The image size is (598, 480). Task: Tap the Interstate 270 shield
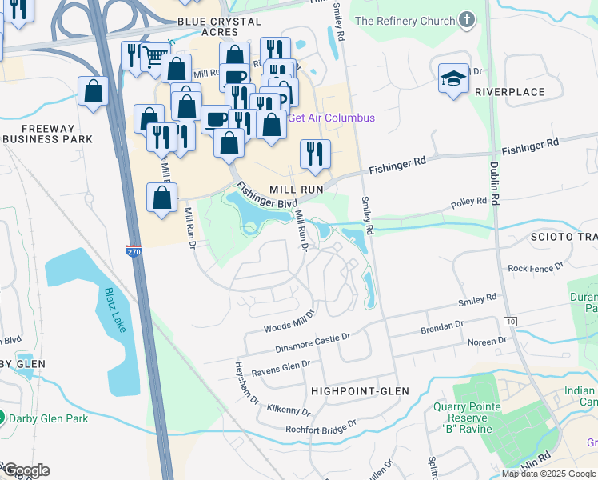point(134,251)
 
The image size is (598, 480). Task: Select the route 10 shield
point(509,321)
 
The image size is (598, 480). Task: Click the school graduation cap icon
point(452,78)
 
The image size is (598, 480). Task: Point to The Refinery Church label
point(405,21)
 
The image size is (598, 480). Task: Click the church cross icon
point(467,20)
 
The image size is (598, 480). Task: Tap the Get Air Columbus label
point(331,118)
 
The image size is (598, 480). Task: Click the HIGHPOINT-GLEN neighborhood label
point(360,391)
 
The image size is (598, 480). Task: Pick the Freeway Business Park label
point(47,134)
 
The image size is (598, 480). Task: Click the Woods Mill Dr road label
point(290,323)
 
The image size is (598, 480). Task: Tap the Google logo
point(26,470)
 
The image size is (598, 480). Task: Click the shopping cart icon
point(154,55)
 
